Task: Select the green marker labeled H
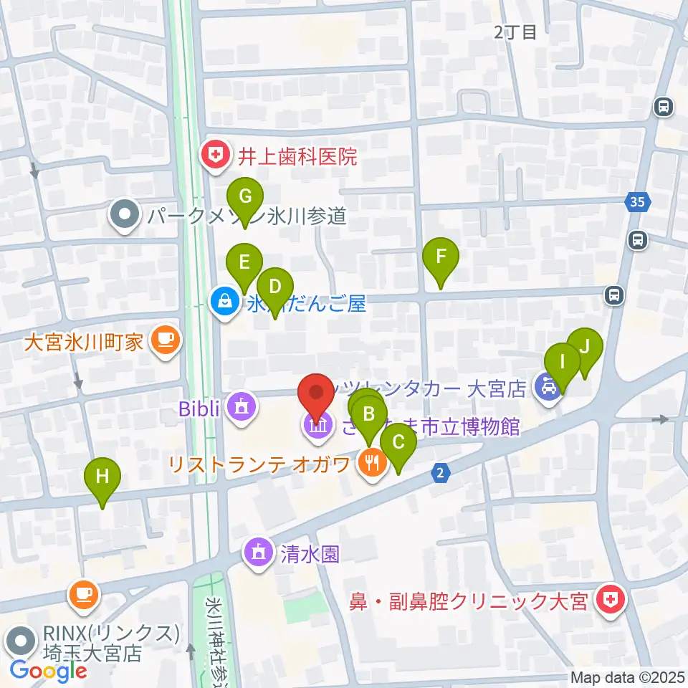pos(102,477)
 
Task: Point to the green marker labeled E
pos(244,263)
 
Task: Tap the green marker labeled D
pos(275,287)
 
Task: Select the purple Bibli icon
pos(239,408)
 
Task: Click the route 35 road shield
pos(638,203)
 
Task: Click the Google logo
pos(48,671)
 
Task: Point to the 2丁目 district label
pos(515,32)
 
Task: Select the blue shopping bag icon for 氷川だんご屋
pos(225,302)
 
